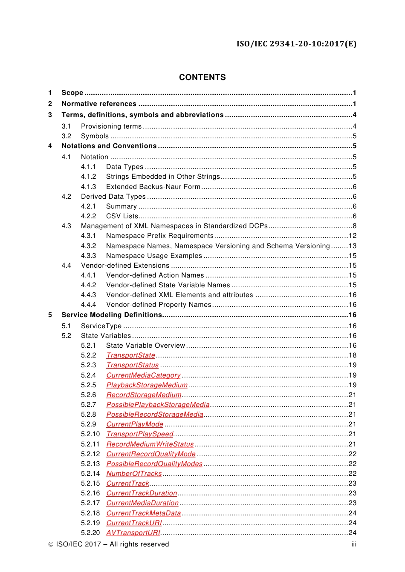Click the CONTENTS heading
(x=202, y=77)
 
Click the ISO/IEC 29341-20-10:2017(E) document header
(x=296, y=44)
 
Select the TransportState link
(x=130, y=355)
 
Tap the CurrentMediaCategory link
(x=143, y=375)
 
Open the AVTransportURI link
(x=133, y=533)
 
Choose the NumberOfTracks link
(x=134, y=474)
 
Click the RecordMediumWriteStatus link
(x=150, y=444)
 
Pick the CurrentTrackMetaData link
(x=143, y=513)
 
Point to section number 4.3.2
(x=89, y=246)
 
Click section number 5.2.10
(x=90, y=434)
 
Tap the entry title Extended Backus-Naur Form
(x=153, y=187)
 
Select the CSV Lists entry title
(x=122, y=216)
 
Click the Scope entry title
(x=72, y=93)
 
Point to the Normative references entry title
(x=99, y=104)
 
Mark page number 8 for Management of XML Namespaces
(x=354, y=226)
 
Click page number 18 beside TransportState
(x=352, y=355)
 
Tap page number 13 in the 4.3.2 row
(x=352, y=246)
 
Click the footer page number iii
(x=354, y=544)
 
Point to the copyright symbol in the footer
(x=51, y=544)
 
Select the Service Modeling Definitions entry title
(x=112, y=315)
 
